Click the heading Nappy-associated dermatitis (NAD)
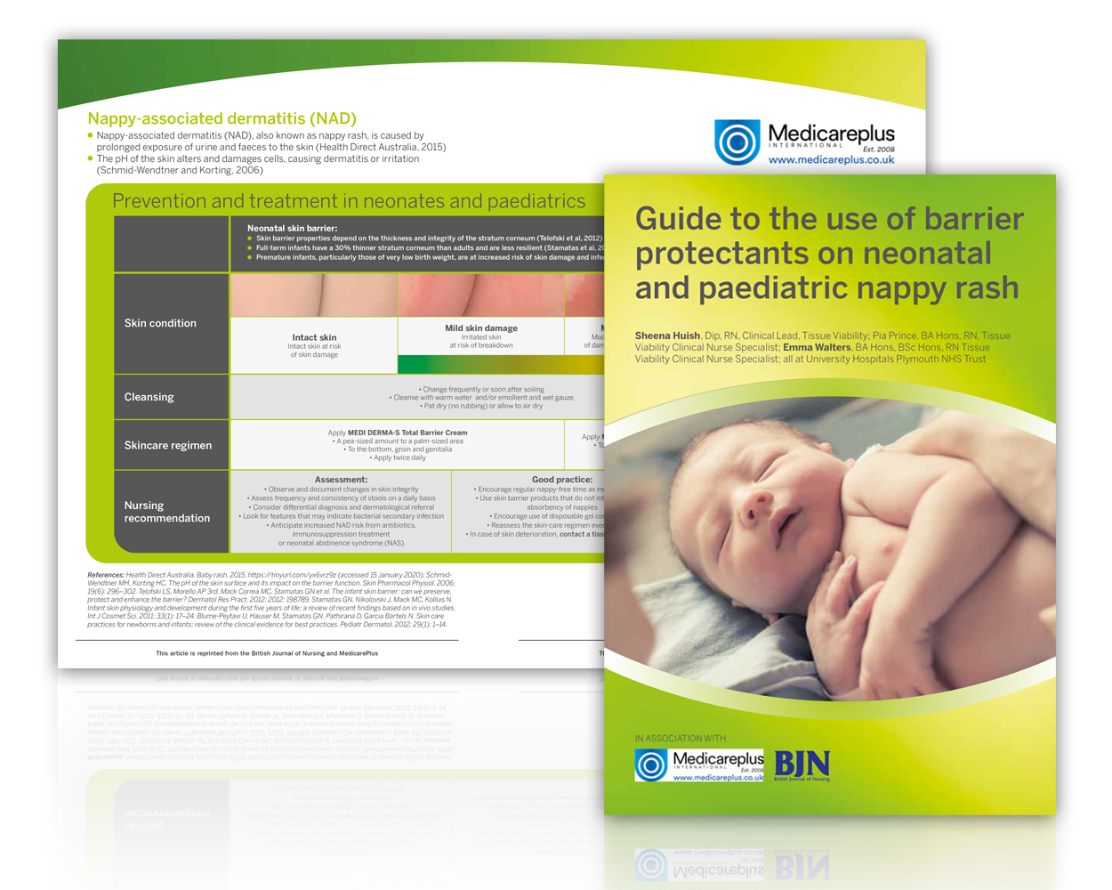(x=222, y=118)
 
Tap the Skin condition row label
(x=160, y=323)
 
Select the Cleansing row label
(x=149, y=397)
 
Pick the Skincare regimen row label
(x=168, y=445)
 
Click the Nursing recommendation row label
(x=167, y=512)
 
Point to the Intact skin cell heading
(x=314, y=337)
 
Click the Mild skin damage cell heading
(x=480, y=328)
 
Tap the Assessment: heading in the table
(x=341, y=480)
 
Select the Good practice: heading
(x=562, y=480)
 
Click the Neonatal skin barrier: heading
(x=292, y=229)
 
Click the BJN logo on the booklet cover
(x=802, y=765)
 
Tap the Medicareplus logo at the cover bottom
(x=699, y=765)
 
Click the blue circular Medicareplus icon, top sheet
(x=737, y=142)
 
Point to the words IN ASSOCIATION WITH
(x=680, y=738)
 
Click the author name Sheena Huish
(x=667, y=336)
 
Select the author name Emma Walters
(x=817, y=347)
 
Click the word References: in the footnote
(x=106, y=575)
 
